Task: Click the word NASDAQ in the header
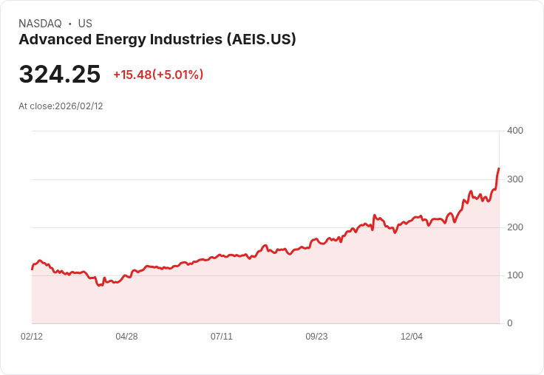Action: (40, 24)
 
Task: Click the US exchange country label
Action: (85, 24)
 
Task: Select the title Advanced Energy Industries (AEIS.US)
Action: (157, 40)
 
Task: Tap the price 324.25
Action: (59, 75)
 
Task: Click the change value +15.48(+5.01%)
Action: (158, 75)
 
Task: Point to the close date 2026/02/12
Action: (79, 106)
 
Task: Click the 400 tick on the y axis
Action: (514, 131)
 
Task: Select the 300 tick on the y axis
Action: (514, 179)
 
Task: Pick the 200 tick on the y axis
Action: (514, 227)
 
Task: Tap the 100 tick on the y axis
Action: (514, 275)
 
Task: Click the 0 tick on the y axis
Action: (509, 323)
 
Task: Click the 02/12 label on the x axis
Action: (32, 337)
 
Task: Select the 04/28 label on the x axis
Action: (126, 337)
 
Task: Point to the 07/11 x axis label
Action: (222, 337)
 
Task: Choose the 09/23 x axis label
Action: (316, 337)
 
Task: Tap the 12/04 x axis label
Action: (412, 337)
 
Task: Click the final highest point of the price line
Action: (499, 168)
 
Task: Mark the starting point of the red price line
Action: (32, 269)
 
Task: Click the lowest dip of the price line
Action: (100, 285)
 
